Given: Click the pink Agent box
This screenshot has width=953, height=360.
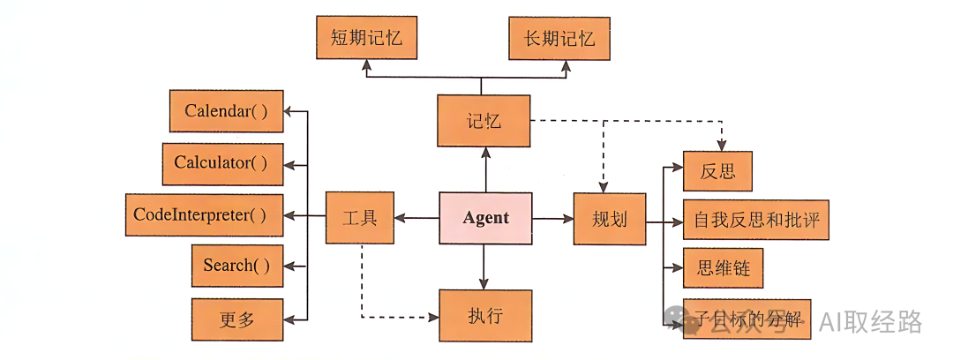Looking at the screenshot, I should click(485, 218).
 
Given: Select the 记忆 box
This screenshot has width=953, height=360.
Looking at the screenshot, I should click(484, 121).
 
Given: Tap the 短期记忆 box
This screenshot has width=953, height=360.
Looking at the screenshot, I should click(366, 39).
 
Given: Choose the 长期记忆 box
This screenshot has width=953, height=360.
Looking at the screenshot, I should click(559, 39).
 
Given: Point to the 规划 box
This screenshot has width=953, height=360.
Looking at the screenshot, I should click(610, 218).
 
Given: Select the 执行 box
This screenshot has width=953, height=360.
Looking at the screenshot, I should click(485, 315).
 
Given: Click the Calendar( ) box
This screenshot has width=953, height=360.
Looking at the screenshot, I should click(226, 111).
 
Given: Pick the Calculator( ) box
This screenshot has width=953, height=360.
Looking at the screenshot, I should click(222, 164).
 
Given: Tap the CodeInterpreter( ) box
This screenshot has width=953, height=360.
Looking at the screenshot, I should click(204, 215).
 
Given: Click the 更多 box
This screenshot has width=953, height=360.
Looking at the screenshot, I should click(236, 319).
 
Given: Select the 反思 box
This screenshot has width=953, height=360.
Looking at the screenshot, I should click(717, 171).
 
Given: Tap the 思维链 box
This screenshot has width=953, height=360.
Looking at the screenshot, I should click(717, 268).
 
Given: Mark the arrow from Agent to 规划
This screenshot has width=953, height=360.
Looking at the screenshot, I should click(552, 218).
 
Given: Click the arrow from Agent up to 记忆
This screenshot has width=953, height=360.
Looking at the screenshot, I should click(484, 169).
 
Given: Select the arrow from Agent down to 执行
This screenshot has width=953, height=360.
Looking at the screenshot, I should click(484, 266).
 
